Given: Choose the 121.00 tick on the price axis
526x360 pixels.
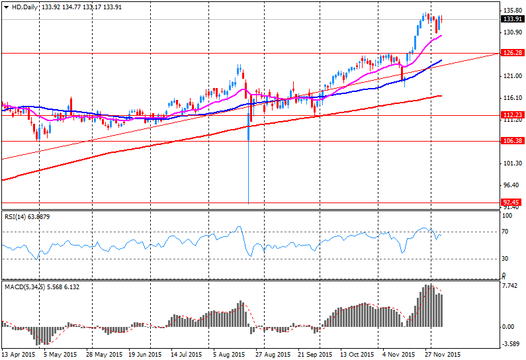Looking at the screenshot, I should click(509, 76).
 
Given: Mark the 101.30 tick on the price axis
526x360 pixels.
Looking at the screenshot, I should click(509, 163).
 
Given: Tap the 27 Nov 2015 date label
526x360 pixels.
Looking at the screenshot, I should click(441, 355).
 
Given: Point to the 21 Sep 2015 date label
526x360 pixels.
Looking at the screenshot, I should click(314, 355).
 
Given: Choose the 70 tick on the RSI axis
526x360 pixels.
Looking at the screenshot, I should click(507, 232).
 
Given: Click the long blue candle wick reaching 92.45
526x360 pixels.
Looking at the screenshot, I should click(248, 172).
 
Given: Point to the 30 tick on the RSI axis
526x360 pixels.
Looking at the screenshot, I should click(507, 259).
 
